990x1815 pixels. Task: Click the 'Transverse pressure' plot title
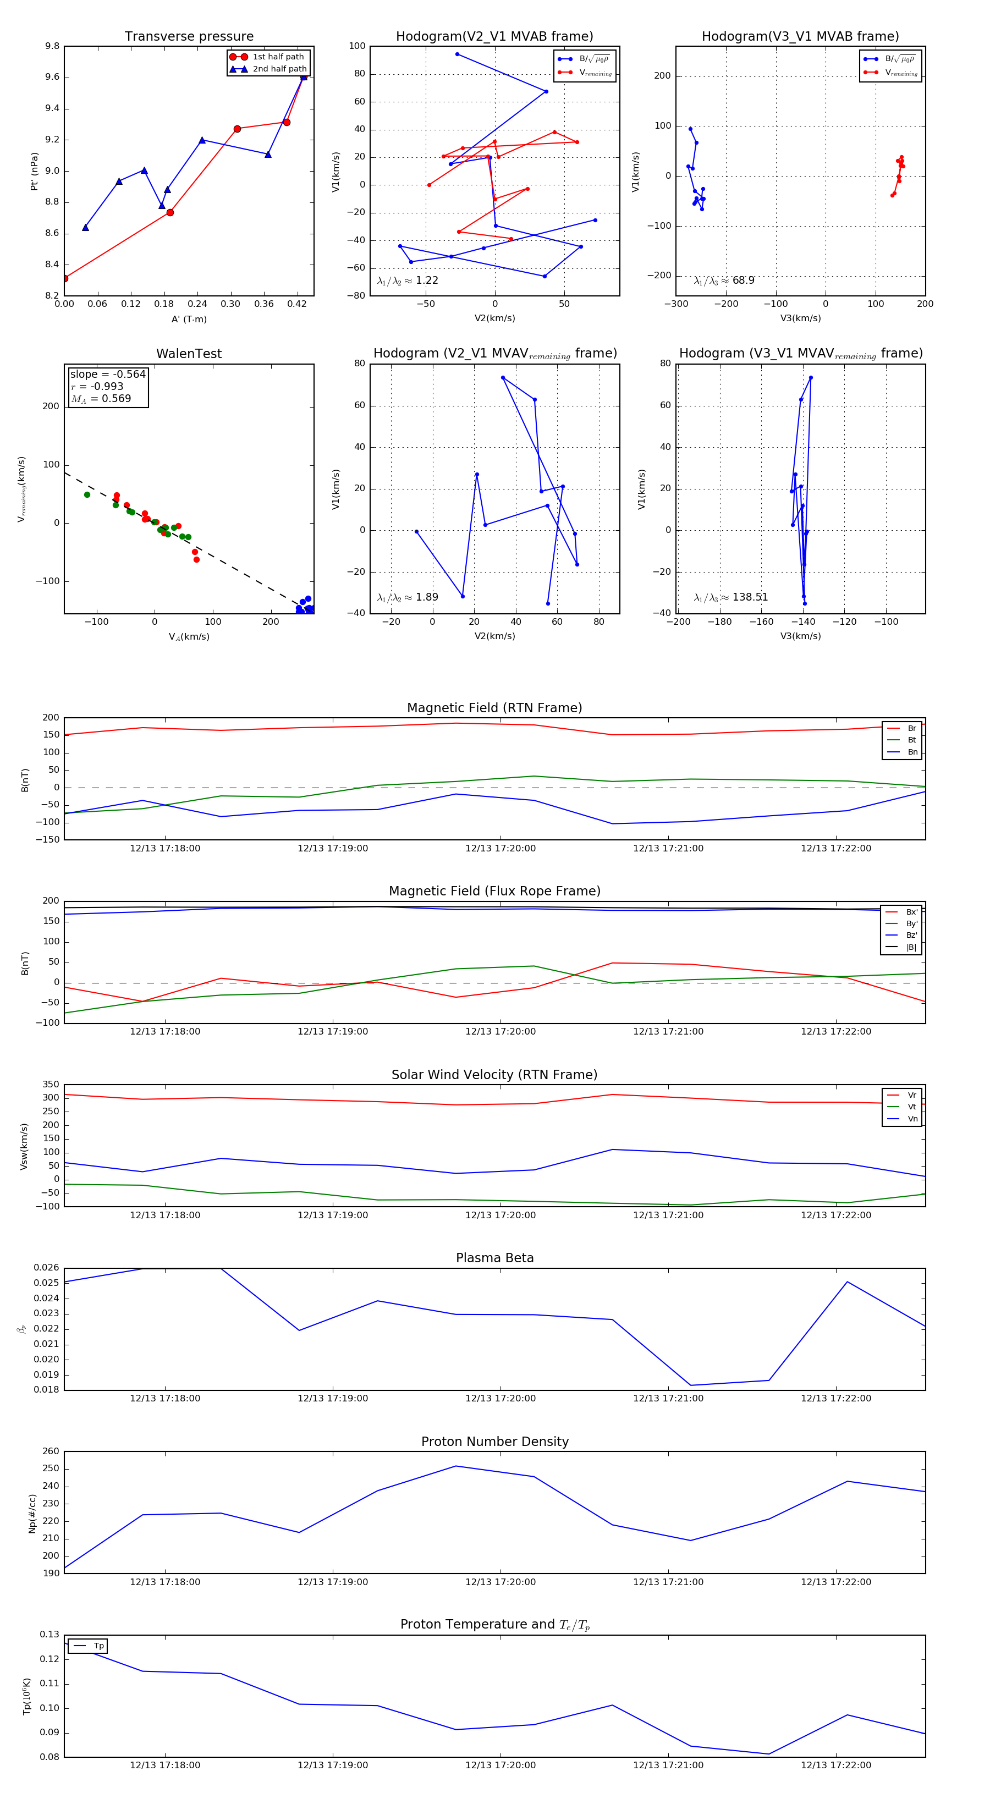(x=189, y=37)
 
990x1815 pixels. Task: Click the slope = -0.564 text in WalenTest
(x=108, y=374)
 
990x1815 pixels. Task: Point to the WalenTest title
(x=189, y=354)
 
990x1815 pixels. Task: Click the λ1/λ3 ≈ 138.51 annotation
(x=731, y=597)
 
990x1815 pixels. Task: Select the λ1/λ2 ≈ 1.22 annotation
(x=407, y=280)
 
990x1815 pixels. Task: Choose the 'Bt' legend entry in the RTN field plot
(x=911, y=740)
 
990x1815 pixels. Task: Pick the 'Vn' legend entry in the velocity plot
(x=912, y=1119)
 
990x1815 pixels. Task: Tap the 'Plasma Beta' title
(x=494, y=1258)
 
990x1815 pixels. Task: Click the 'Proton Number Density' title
(x=494, y=1442)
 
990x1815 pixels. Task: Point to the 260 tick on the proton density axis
(x=51, y=1451)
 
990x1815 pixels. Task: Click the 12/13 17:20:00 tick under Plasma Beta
(x=501, y=1399)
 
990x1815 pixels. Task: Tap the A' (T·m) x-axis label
(x=189, y=319)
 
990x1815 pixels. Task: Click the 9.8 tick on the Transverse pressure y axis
(x=52, y=47)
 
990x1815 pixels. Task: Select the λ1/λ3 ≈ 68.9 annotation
(x=724, y=280)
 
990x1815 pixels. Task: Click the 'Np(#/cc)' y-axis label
(x=32, y=1513)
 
